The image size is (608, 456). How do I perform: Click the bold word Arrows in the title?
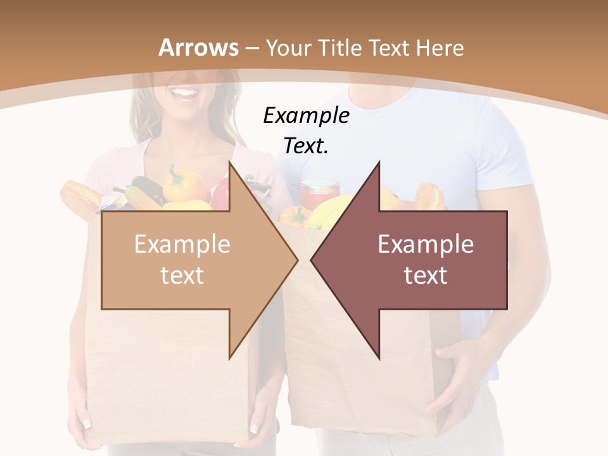coord(199,48)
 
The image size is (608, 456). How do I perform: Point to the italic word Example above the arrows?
coord(306,116)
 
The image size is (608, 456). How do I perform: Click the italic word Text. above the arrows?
coord(306,146)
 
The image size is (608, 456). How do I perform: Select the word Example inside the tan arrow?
coord(182,244)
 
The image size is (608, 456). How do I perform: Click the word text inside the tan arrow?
coord(182,275)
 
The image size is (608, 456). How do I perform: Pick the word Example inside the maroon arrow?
coord(426,244)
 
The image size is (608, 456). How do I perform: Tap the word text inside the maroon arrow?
coord(426,275)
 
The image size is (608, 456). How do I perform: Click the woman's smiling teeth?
coord(185,95)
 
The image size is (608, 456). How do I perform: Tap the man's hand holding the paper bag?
coord(459,374)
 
